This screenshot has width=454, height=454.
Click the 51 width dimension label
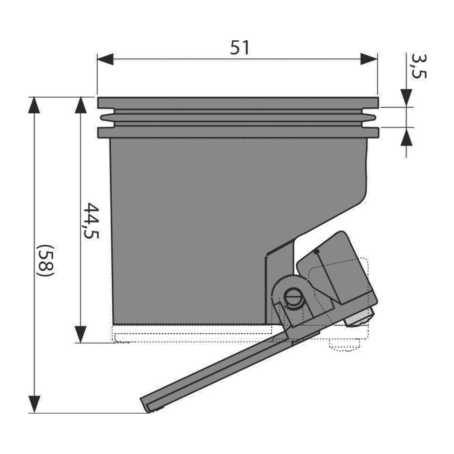(239, 48)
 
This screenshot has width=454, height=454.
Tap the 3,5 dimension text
(419, 67)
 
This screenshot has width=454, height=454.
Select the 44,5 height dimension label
(91, 221)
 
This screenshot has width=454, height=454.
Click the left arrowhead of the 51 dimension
(105, 59)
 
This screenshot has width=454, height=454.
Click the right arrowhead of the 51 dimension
(369, 59)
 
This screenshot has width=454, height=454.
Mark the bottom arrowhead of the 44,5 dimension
(81, 334)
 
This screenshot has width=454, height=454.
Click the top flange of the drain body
(238, 103)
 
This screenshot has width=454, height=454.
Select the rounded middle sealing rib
(238, 118)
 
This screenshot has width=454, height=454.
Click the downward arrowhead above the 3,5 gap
(407, 98)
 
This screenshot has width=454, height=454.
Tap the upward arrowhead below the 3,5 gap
(407, 137)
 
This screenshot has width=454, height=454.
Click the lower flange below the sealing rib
(238, 132)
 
